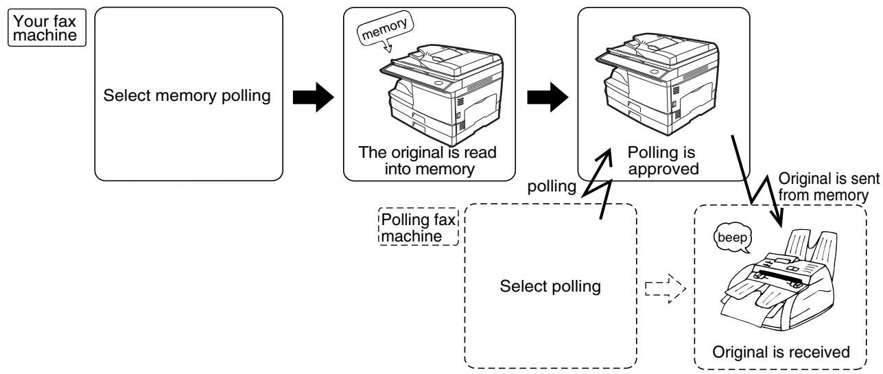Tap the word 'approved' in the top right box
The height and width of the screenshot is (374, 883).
[x=663, y=170]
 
